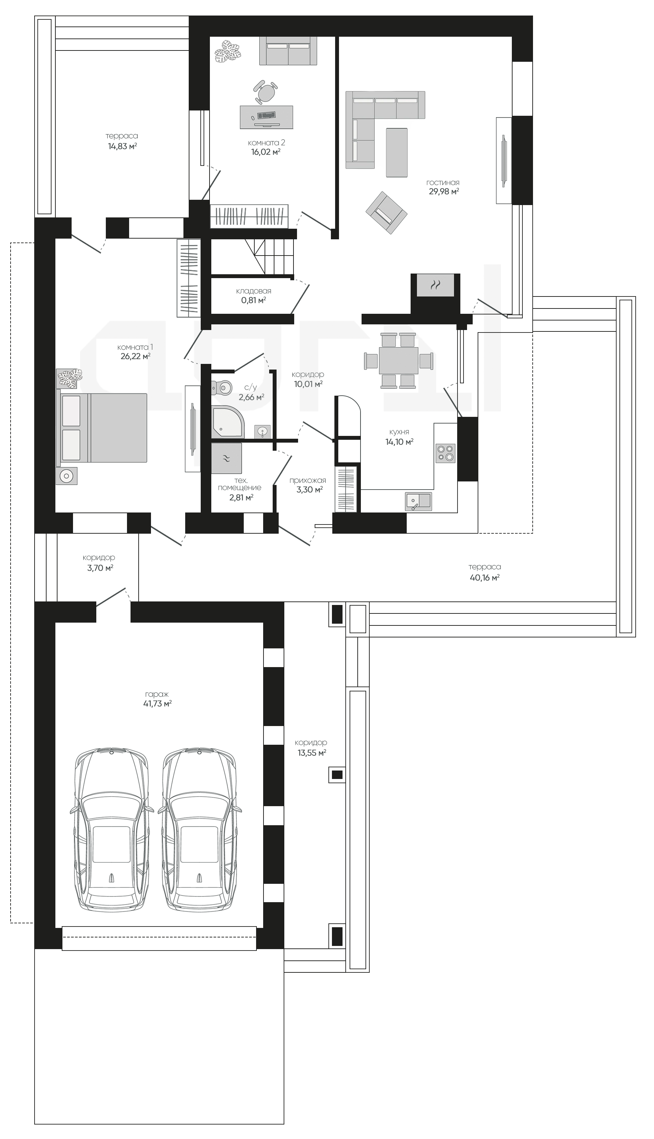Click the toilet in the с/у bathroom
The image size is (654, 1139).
click(x=222, y=387)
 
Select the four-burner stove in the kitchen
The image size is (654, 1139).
click(x=446, y=453)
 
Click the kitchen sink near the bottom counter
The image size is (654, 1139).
click(x=418, y=502)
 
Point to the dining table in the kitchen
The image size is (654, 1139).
click(x=398, y=361)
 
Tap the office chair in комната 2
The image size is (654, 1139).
click(x=266, y=92)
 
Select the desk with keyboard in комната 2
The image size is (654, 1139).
click(x=266, y=117)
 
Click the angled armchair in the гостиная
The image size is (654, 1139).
click(x=386, y=212)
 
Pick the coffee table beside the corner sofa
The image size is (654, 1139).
click(x=396, y=152)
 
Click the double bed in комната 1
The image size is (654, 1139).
click(x=102, y=428)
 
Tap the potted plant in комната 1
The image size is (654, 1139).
click(x=69, y=378)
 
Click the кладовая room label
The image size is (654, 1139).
click(x=253, y=291)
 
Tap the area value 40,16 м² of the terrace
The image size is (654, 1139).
click(x=485, y=578)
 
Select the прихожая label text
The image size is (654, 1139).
click(x=308, y=480)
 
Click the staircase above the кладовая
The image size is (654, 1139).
click(x=253, y=256)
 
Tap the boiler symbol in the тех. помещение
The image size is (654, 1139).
click(x=226, y=458)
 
